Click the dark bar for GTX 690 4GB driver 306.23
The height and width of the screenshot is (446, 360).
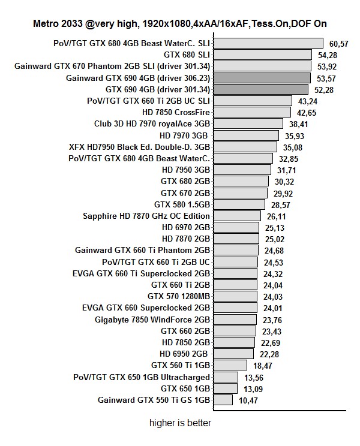pyautogui.click(x=262, y=78)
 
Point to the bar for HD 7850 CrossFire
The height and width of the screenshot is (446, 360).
pyautogui.click(x=252, y=112)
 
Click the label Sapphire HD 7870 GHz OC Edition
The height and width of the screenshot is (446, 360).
pyautogui.click(x=146, y=216)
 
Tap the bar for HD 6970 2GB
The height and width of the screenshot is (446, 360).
pyautogui.click(x=236, y=227)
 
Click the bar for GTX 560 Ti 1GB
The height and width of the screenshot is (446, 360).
pyautogui.click(x=230, y=365)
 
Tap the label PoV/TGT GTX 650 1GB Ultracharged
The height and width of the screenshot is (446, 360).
pyautogui.click(x=142, y=377)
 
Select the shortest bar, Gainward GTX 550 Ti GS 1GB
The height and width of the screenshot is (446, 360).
pyautogui.click(x=223, y=400)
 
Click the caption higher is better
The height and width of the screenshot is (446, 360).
pyautogui.click(x=180, y=423)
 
